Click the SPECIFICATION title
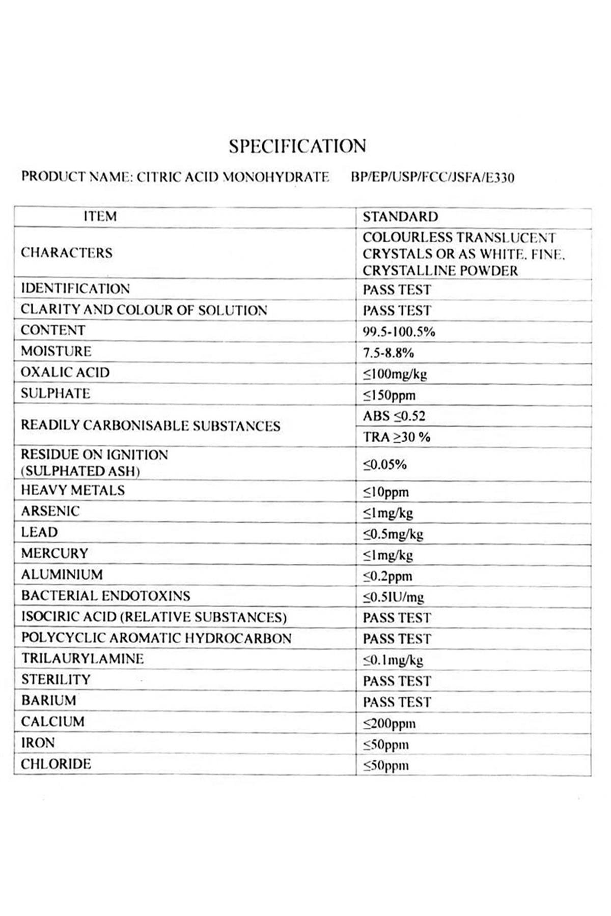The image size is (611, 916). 297,146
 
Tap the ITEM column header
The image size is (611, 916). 100,217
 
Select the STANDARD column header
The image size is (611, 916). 400,217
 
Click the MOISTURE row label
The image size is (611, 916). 56,351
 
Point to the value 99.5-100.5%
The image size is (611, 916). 399,332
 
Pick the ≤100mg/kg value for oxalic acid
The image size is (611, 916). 395,374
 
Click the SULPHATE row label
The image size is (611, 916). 55,393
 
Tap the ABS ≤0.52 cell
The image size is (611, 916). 394,416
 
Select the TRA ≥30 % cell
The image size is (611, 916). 396,437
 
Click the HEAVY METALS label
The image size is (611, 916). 73,490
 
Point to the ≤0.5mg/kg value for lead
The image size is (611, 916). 393,534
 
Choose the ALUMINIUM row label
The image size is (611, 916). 62,575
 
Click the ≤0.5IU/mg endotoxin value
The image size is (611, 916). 393,597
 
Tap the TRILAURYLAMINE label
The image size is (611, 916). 82,659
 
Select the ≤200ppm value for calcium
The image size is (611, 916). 389,723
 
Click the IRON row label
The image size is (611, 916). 38,743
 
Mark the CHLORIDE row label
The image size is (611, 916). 56,764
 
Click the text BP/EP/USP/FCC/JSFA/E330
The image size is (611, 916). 432,178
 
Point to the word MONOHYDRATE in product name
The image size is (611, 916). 276,177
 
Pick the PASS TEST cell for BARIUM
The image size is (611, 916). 397,702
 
